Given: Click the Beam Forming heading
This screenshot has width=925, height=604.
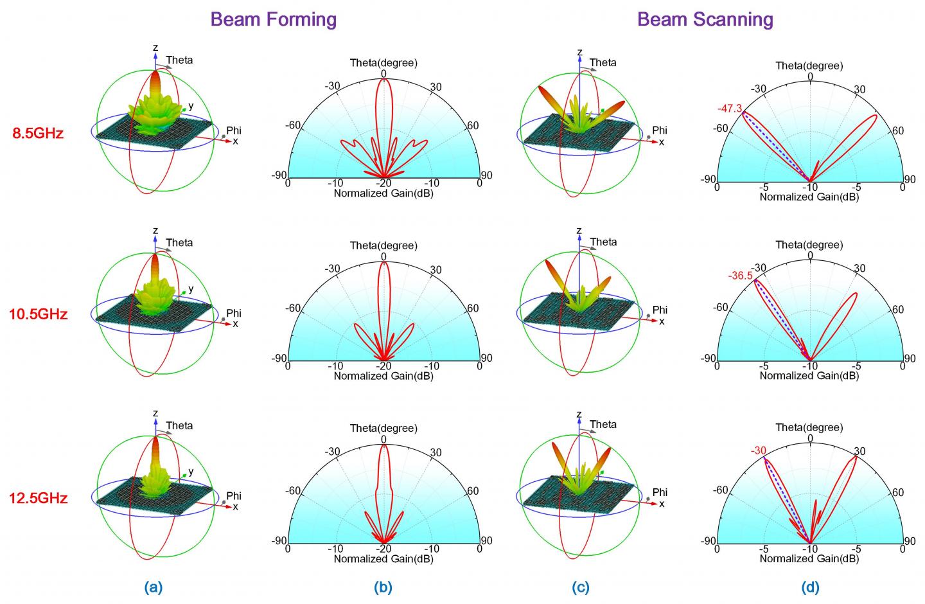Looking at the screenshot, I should click(x=274, y=19).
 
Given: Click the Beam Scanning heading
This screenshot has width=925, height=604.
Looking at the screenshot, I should click(x=705, y=19).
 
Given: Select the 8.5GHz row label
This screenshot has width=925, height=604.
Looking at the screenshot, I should click(x=38, y=134).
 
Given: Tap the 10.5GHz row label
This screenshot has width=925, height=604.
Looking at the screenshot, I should click(x=38, y=315).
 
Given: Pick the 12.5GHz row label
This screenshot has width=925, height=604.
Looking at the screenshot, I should click(x=38, y=498).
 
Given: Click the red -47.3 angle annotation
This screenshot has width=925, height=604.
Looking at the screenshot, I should click(x=729, y=109).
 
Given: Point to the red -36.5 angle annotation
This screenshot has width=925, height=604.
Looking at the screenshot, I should click(x=740, y=276).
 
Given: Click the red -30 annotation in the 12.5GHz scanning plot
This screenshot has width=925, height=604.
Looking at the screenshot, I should click(x=758, y=451).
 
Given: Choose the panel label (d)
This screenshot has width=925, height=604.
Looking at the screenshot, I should click(x=810, y=587).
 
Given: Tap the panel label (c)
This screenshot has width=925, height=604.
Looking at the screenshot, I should click(x=579, y=587).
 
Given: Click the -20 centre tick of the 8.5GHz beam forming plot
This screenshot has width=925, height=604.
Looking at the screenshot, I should click(x=383, y=184).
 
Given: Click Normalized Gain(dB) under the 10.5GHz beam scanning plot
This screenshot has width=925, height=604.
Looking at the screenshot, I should click(x=809, y=375).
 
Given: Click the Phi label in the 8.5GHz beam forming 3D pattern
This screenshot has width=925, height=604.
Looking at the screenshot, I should click(x=234, y=131).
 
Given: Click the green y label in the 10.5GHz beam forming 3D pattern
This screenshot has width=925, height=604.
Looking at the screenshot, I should click(x=191, y=289).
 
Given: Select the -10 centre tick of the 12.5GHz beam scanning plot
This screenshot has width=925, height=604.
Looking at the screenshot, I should click(x=810, y=549).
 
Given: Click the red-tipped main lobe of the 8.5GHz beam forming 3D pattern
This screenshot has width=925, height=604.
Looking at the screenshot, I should click(x=155, y=84).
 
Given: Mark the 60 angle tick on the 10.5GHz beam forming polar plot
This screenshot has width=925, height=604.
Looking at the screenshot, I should click(x=473, y=308).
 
